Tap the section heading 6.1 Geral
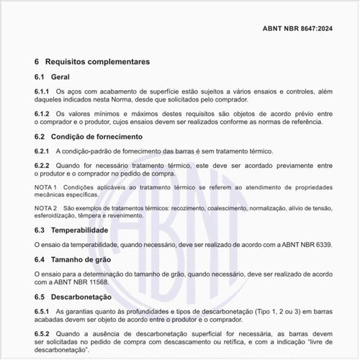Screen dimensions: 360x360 (51, 77)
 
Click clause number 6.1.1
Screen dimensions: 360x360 (42, 92)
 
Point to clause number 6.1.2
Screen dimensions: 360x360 (42, 114)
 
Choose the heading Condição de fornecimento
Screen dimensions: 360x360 (96, 136)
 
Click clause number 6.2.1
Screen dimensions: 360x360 (42, 151)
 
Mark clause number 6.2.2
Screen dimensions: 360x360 (42, 165)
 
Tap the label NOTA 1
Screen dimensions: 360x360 (47, 186)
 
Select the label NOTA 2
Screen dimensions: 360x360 (47, 207)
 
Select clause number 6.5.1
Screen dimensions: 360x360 (42, 311)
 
